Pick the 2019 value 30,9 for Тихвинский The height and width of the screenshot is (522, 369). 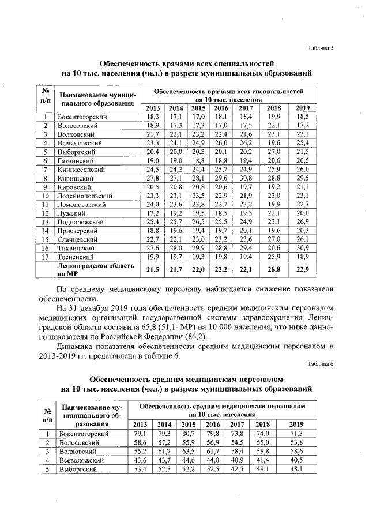tap(302, 247)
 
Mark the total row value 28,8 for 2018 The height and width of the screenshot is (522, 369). tap(273, 270)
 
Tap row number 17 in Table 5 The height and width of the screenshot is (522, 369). tap(44, 256)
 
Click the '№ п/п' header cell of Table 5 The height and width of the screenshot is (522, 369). tap(44, 96)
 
